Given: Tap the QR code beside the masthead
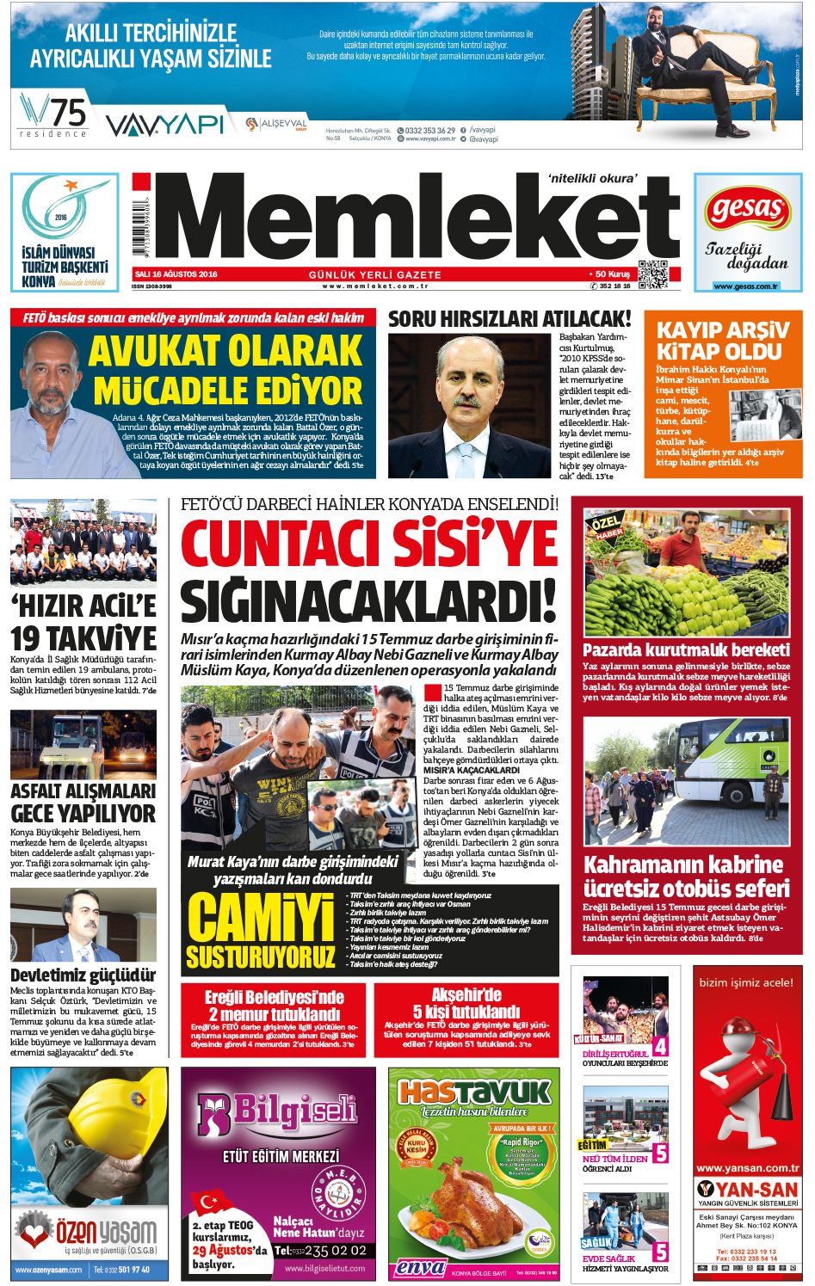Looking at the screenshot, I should click(x=652, y=274).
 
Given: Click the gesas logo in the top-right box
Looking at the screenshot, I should click(x=748, y=210).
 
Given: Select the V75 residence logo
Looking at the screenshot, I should click(x=53, y=115).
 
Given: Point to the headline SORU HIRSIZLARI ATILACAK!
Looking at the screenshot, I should click(x=509, y=319).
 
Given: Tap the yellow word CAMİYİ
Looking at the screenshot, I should click(x=261, y=918).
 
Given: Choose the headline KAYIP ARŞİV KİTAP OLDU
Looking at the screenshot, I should click(x=722, y=341).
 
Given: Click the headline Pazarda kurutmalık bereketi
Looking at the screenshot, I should click(x=686, y=649).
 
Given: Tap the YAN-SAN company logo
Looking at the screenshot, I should click(x=747, y=1190).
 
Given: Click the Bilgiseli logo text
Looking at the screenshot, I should click(x=277, y=1113).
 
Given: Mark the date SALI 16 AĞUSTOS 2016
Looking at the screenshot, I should click(x=176, y=274).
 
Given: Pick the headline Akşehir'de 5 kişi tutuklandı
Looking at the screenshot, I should click(x=466, y=1003).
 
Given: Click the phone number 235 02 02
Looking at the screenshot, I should click(x=330, y=1251).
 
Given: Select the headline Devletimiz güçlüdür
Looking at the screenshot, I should click(x=83, y=975).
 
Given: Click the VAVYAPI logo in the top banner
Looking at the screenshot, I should click(x=164, y=125).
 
